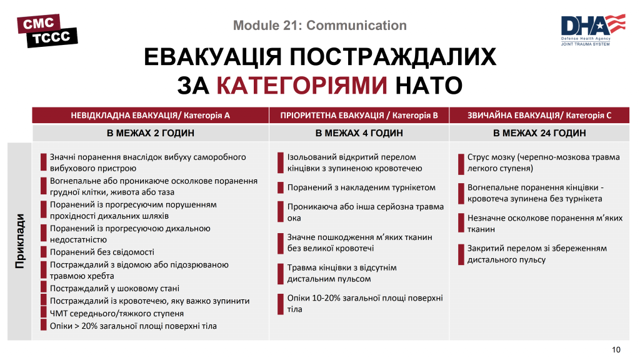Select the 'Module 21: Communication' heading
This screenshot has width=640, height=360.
pos(319,26)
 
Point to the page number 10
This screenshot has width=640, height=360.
pos(616,349)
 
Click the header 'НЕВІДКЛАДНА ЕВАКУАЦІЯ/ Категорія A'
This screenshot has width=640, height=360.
pos(151,116)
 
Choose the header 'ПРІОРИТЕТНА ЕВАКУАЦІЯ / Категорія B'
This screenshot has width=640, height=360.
pos(358,116)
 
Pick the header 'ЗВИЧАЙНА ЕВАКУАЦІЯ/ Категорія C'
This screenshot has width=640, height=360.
pos(539,116)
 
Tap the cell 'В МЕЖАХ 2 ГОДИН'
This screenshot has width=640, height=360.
pos(151,133)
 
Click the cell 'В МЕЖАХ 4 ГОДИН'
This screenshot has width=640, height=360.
pos(359,133)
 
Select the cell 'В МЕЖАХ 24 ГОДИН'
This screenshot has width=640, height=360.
pos(539,133)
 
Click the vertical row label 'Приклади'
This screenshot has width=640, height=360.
pos(20,242)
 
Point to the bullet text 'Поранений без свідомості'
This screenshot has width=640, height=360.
pos(102,252)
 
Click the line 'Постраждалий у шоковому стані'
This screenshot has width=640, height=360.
pos(114,288)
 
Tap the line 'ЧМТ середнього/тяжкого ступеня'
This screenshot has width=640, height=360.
pos(117,313)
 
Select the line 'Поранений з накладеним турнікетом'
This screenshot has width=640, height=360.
pos(361,187)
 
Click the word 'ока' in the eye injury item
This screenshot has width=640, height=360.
pos(294,218)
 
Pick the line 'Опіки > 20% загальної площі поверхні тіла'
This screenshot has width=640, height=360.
pos(133,326)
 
